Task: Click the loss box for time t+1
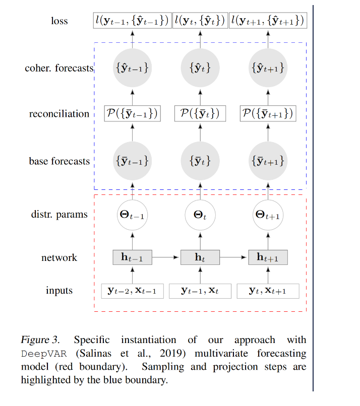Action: (x=268, y=21)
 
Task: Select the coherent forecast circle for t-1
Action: (x=132, y=68)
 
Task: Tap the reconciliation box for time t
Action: (x=200, y=113)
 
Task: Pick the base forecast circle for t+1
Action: (x=268, y=161)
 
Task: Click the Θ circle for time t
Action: (x=200, y=215)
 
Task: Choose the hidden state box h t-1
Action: (x=132, y=257)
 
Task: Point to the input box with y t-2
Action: (x=132, y=291)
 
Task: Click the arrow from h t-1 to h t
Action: (x=165, y=257)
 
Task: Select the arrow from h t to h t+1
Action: (x=233, y=257)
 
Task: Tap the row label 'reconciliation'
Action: (x=59, y=114)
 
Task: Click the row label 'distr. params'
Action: (x=59, y=215)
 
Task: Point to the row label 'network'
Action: (x=59, y=257)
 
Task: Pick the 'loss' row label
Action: (x=59, y=21)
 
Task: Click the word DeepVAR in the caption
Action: (x=44, y=354)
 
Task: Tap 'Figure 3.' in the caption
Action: (x=40, y=340)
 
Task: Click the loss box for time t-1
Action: (x=132, y=21)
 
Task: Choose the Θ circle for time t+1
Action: (x=268, y=215)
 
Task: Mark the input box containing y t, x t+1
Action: (x=268, y=291)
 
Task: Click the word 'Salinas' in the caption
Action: (x=94, y=353)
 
